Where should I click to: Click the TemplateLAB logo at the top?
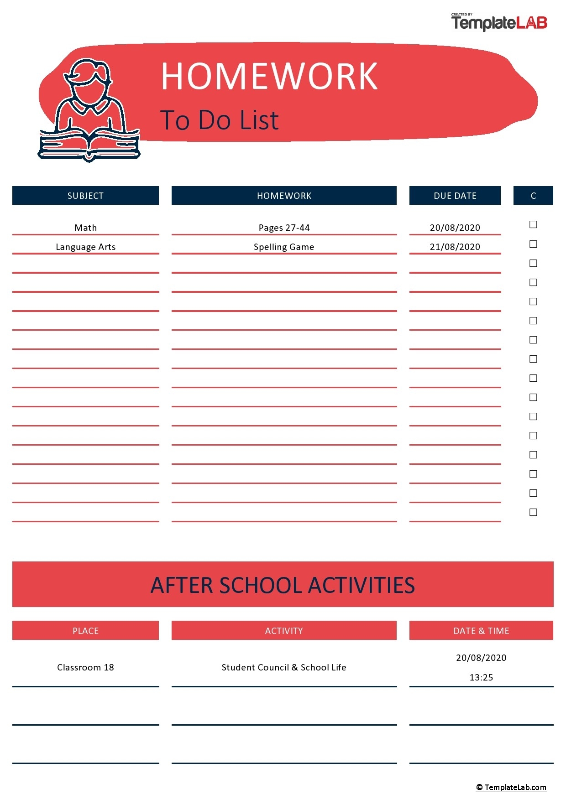pos(499,22)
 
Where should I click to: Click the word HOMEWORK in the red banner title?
pos(269,76)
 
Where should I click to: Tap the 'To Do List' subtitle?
pos(219,120)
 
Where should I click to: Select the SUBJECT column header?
pos(85,196)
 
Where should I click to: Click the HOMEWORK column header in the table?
pos(284,196)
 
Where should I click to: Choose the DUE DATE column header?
pos(455,196)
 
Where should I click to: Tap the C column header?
pos(533,196)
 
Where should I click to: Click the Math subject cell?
pos(85,228)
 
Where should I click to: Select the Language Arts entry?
pos(85,247)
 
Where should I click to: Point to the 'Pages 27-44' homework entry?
pos(284,228)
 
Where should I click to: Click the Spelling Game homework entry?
pos(284,247)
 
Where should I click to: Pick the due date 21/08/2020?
pos(455,247)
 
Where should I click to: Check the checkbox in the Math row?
pos(533,224)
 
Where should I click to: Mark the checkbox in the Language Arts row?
pos(533,244)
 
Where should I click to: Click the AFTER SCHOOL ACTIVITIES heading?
pos(283,585)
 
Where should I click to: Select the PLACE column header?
pos(85,631)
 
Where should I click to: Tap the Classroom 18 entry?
pos(85,667)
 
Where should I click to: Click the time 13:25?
pos(481,677)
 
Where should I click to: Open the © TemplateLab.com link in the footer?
pos(511,787)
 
